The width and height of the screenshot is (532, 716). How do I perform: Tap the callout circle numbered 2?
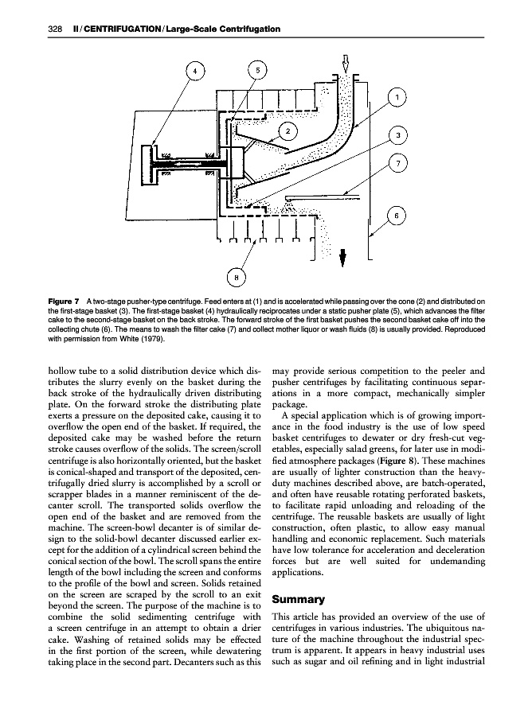coord(290,129)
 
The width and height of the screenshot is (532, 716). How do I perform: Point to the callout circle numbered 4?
coord(192,69)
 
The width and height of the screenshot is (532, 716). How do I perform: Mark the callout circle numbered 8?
coord(237,277)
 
